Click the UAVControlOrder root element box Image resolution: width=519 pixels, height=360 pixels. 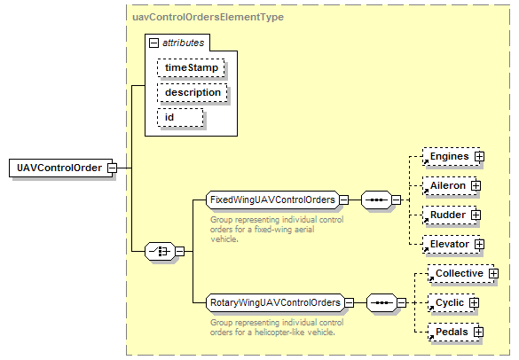(61, 168)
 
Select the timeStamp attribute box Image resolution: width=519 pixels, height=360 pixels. (192, 67)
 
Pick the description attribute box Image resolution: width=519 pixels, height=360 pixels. (193, 92)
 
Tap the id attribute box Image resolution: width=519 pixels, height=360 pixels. (180, 117)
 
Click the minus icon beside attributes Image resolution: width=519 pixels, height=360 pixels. (153, 43)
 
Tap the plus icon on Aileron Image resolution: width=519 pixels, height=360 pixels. (476, 186)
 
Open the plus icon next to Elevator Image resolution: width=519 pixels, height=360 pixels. (479, 245)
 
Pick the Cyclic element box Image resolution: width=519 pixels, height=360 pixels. (452, 302)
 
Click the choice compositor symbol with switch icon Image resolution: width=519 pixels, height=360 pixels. (161, 252)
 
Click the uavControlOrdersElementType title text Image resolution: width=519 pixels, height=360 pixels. (208, 17)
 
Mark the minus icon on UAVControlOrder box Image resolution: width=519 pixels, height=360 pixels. (112, 168)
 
